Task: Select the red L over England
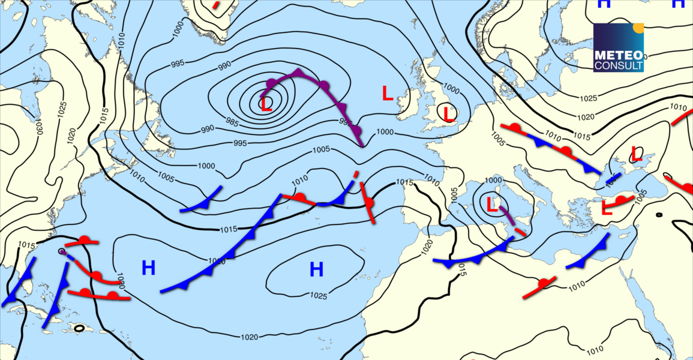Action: coord(447,112)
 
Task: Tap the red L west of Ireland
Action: coord(388,93)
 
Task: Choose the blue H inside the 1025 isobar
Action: coord(316,270)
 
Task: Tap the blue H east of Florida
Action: coord(148,268)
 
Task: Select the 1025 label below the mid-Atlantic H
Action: coord(319,295)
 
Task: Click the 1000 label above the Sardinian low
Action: coord(493,180)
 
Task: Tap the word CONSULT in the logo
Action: coord(618,65)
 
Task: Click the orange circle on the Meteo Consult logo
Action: coord(638,27)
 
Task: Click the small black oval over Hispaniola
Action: coord(79,328)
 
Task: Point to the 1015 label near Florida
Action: coord(26,245)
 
